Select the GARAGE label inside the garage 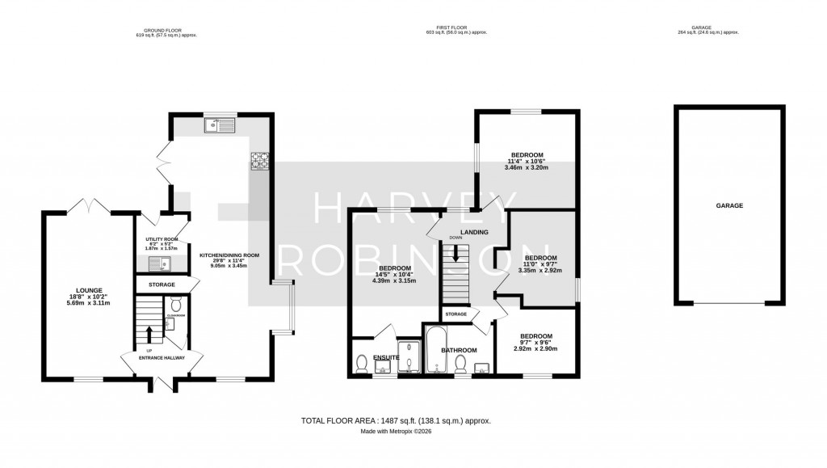click(x=728, y=205)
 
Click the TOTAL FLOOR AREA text click(x=396, y=421)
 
